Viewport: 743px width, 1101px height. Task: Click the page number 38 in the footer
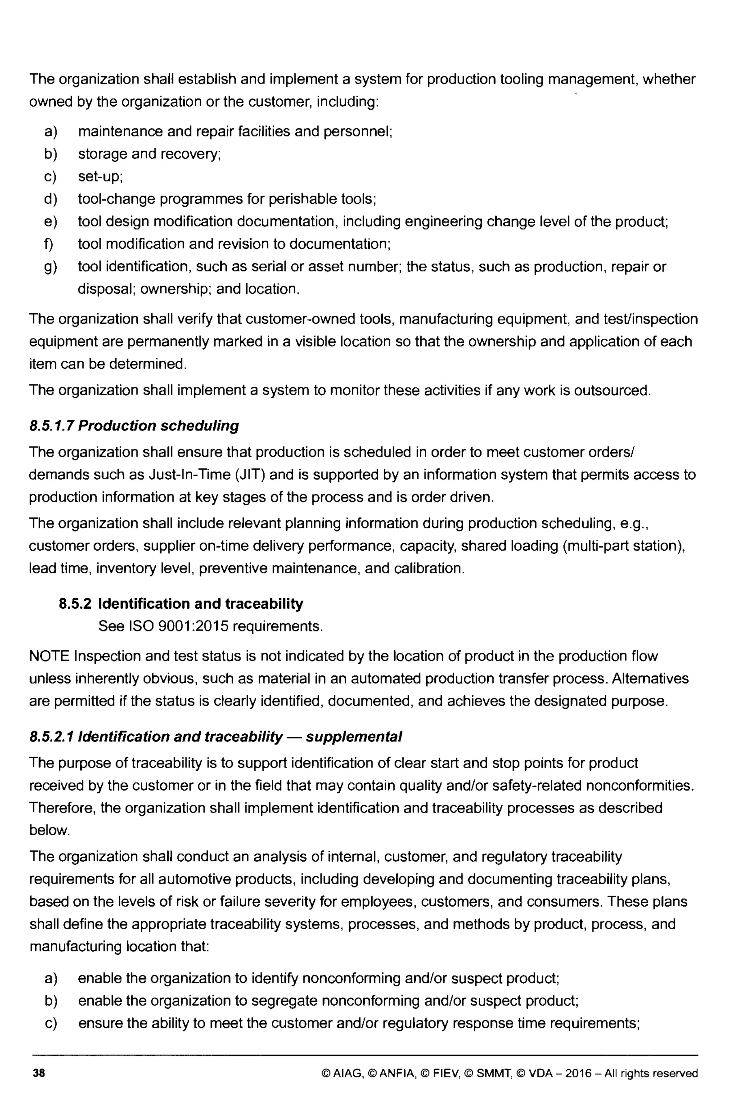click(39, 1073)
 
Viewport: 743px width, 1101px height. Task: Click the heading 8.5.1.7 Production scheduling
click(134, 425)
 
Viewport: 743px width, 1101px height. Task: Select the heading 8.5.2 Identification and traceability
click(181, 604)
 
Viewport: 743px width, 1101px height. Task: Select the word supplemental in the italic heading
click(354, 736)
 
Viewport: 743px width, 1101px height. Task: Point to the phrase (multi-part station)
click(624, 545)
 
